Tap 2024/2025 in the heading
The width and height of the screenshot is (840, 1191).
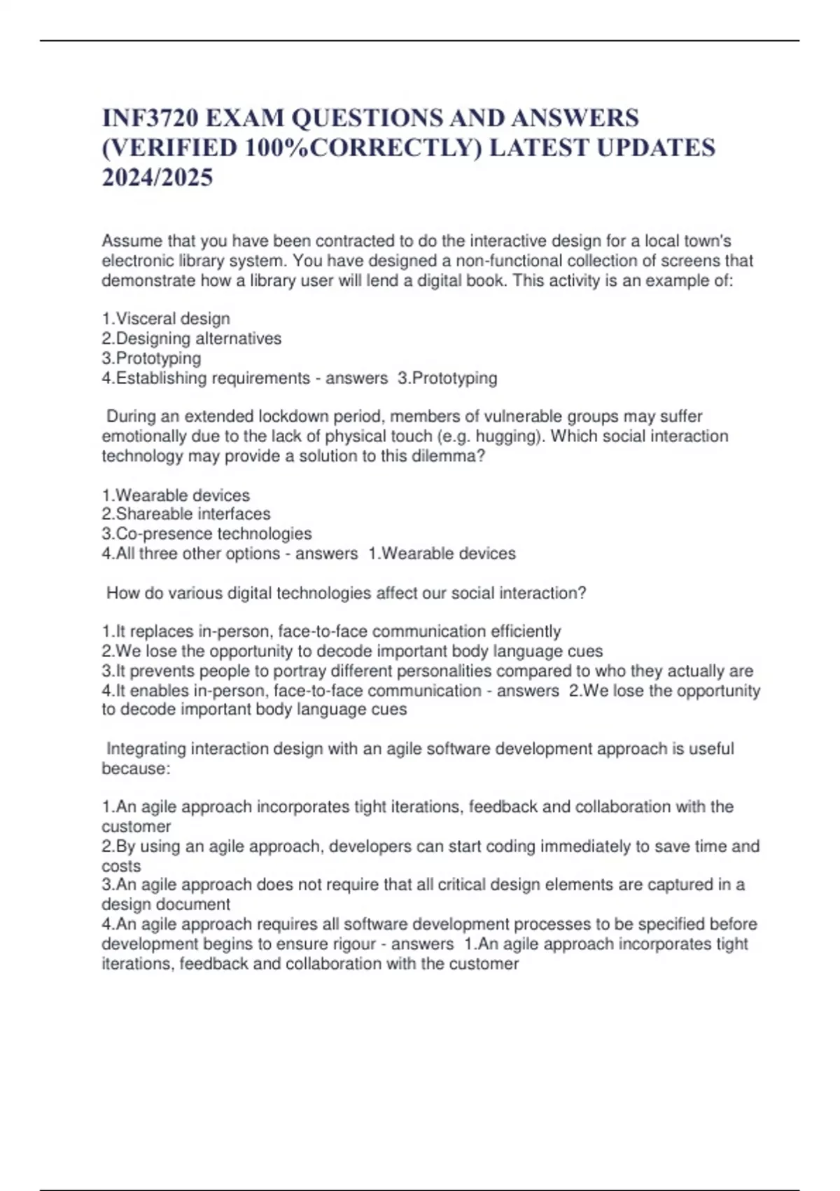[157, 178]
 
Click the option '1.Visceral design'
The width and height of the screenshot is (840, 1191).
[166, 319]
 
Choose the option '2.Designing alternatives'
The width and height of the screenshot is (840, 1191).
[192, 338]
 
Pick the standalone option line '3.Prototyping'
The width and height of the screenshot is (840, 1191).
[151, 358]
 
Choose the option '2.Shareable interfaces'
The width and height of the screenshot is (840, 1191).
[186, 514]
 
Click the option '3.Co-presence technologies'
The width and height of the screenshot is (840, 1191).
[206, 534]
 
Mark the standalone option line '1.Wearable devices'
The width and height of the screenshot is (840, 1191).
[176, 495]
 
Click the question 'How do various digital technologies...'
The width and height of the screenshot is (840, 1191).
[346, 593]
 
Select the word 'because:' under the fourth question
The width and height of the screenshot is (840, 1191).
[136, 769]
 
